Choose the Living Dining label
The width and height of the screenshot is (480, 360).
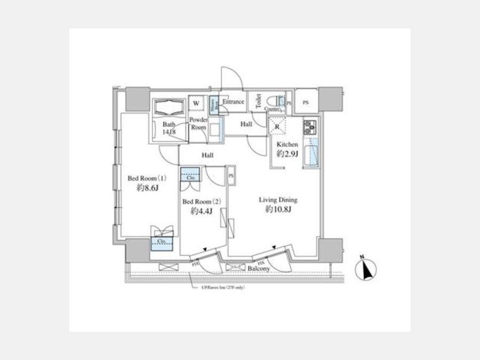point(278,200)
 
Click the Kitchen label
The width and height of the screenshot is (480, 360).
point(287,145)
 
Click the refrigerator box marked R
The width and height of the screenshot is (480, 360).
point(278,126)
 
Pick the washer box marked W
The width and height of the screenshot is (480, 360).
point(196,102)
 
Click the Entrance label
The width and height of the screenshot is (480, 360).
point(233,102)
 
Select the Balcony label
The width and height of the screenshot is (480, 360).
point(259,269)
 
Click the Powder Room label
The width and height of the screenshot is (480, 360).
point(198,124)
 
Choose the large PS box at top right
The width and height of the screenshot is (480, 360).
point(306,102)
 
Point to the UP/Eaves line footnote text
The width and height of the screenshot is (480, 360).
point(223,287)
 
